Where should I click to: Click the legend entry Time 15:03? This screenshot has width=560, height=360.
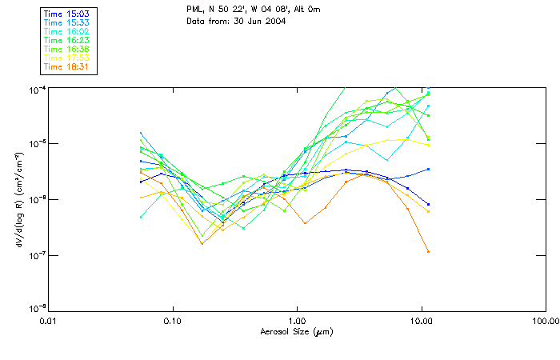[66, 14]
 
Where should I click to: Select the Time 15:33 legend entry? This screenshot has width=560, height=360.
[66, 23]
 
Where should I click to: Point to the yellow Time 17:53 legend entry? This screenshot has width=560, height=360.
[66, 58]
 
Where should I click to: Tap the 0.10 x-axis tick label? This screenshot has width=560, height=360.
[173, 320]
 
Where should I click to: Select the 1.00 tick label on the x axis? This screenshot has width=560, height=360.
[298, 320]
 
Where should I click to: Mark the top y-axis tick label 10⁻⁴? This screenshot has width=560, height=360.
[37, 88]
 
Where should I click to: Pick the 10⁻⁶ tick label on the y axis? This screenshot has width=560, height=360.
[37, 199]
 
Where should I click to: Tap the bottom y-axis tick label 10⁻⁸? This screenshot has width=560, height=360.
[37, 308]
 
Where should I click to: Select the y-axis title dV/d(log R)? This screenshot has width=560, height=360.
[19, 198]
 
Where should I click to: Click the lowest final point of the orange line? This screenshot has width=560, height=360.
[428, 251]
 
